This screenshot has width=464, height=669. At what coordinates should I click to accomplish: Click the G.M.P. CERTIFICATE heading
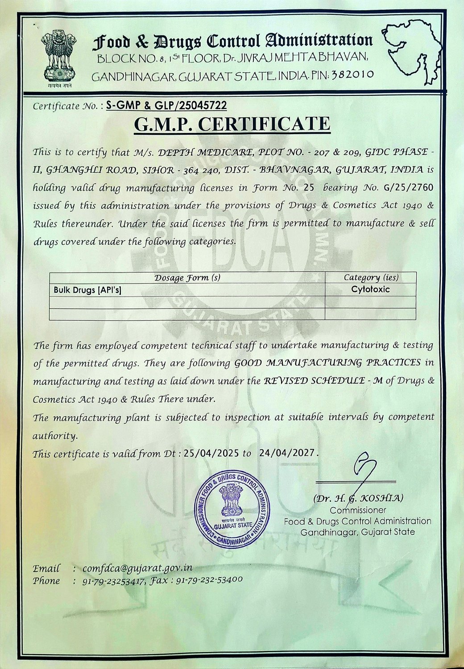(232, 124)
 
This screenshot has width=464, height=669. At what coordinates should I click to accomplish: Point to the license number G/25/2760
(408, 187)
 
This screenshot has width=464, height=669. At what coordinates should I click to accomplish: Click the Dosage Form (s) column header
(187, 277)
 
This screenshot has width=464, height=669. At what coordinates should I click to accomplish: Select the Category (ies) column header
(371, 277)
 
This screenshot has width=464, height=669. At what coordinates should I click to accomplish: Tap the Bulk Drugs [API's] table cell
(87, 290)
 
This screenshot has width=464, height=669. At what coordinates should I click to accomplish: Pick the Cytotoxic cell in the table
(370, 289)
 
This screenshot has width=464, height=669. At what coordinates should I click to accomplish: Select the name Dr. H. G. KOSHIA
(358, 498)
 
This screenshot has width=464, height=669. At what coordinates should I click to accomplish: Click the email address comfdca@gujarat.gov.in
(137, 569)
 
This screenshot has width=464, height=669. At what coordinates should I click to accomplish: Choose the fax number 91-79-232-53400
(209, 580)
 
